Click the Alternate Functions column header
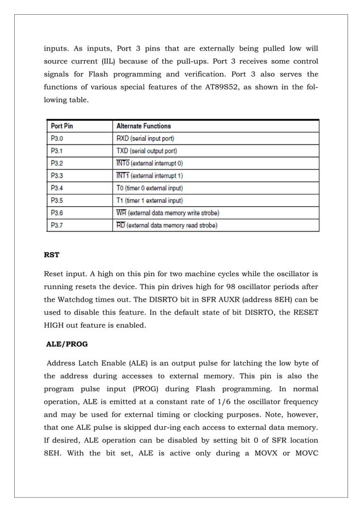coord(143,126)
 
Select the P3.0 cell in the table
coord(57,138)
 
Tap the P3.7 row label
coord(57,225)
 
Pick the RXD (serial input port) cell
coord(145,138)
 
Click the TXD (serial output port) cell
coord(146,151)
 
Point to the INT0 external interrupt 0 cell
coord(149,163)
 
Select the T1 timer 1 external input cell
coord(149,200)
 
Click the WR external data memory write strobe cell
coord(167,213)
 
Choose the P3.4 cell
coord(57,188)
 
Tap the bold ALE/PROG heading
coord(66,343)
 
